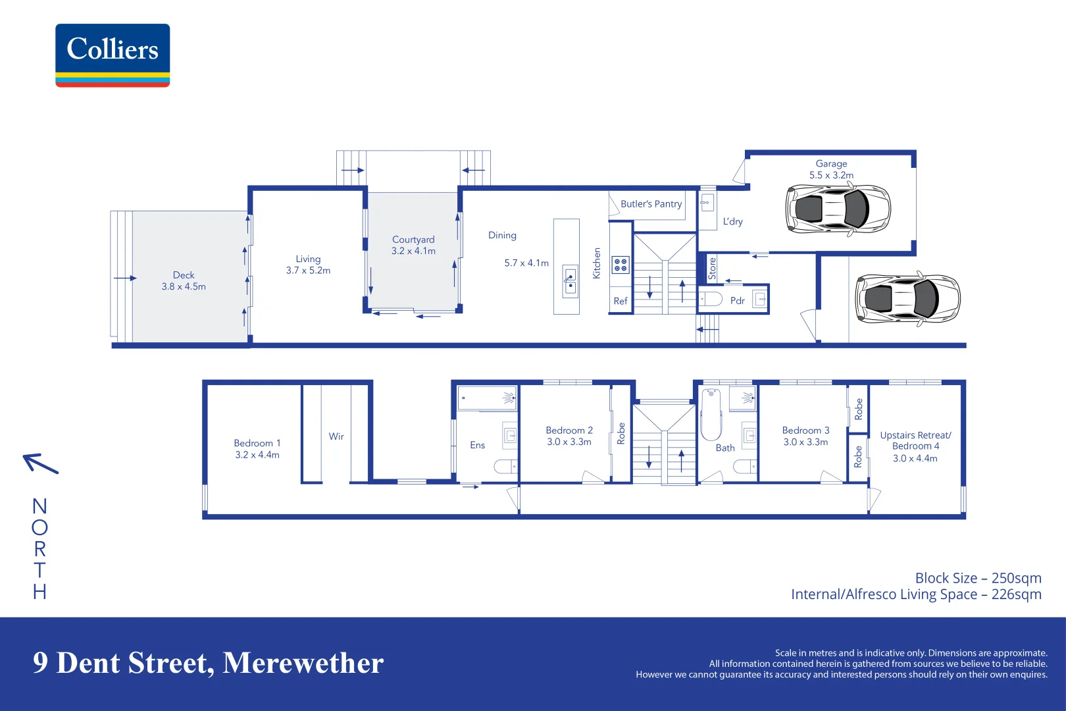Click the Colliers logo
(113, 55)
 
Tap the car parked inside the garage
(838, 209)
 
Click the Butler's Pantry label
(651, 204)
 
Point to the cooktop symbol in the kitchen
(621, 265)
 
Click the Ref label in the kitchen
(621, 301)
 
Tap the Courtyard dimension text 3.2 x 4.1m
(413, 251)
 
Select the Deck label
(184, 275)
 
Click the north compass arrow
(41, 463)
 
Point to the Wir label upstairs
(336, 436)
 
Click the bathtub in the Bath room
(711, 415)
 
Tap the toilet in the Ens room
(505, 467)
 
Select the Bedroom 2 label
(569, 430)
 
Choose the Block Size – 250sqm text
(978, 578)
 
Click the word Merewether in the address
(303, 663)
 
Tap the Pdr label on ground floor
(737, 300)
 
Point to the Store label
(712, 268)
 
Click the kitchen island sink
(570, 281)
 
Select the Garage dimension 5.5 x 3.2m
(831, 175)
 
